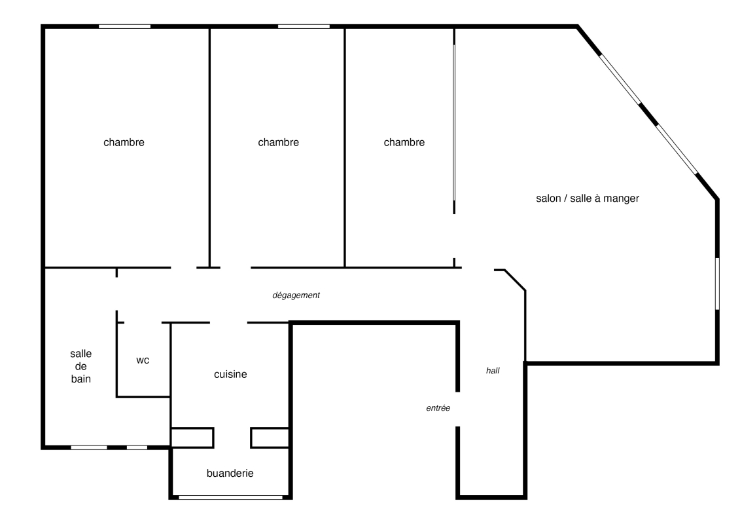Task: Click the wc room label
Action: point(143,360)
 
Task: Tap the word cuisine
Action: point(230,374)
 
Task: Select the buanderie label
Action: point(230,473)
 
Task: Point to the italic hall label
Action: point(493,371)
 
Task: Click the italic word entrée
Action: point(438,408)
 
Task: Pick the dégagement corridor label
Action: point(296,295)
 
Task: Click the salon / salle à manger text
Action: point(588,198)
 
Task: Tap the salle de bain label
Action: point(80,366)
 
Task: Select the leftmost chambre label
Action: point(124,142)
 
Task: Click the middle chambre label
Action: point(279,142)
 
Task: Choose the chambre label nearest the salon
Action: point(404,142)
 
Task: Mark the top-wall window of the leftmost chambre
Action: point(124,26)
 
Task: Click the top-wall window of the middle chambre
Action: point(304,26)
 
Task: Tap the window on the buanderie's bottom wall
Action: point(230,497)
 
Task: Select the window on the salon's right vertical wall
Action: point(717,284)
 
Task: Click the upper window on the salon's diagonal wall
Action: point(620,79)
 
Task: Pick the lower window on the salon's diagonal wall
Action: point(677,149)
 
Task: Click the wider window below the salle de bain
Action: point(89,447)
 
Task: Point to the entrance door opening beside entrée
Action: point(457,409)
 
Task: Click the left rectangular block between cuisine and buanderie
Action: point(192,438)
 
